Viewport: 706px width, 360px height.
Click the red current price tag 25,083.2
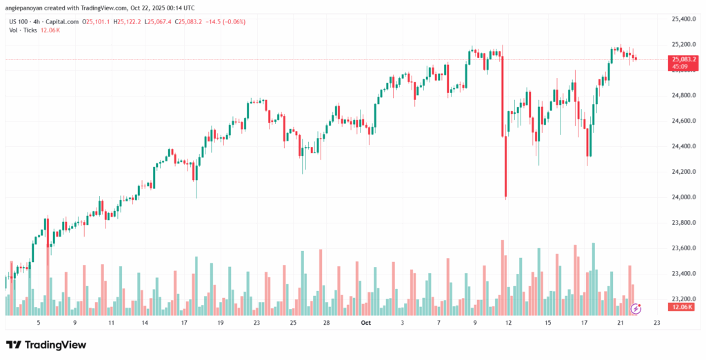coord(680,60)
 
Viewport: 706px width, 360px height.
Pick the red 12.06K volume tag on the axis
coord(679,306)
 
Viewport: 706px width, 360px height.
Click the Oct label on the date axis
coord(365,322)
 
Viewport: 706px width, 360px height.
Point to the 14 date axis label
coord(145,322)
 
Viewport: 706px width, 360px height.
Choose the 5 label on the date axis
coord(39,322)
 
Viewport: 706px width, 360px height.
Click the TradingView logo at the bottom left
coord(47,344)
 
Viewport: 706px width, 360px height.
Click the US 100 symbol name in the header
coord(20,21)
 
